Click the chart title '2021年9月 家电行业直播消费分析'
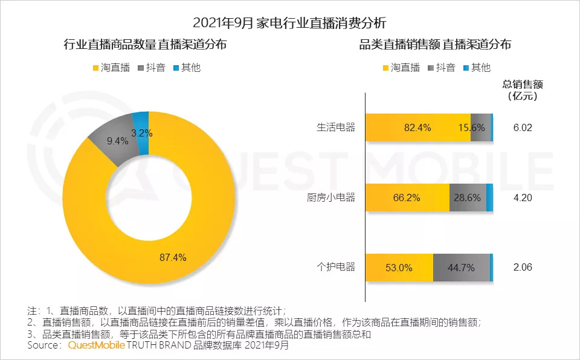(x=289, y=23)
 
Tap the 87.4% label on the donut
(x=173, y=257)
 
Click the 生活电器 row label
(x=336, y=127)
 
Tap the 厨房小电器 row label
(x=332, y=198)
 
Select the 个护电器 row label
(x=336, y=267)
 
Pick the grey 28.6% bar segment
(x=468, y=198)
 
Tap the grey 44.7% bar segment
(x=461, y=267)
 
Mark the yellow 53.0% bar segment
(x=399, y=267)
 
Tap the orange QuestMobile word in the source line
(x=96, y=346)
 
